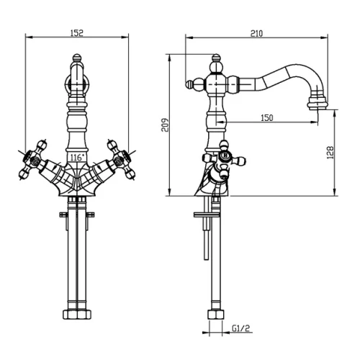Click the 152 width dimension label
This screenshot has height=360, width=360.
pos(77,32)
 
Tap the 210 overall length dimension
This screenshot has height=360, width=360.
pos(256,33)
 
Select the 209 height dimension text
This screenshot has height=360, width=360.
pos(165,125)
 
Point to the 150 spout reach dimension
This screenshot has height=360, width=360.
pos(267,118)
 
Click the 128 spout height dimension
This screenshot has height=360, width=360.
pos(330,153)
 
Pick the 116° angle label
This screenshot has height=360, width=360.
pos(77,158)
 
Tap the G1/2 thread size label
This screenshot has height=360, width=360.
pos(240,328)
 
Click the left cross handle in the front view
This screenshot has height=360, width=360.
pos(33,159)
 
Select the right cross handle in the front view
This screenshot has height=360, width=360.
pos(122,159)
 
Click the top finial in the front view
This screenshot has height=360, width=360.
pos(77,58)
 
